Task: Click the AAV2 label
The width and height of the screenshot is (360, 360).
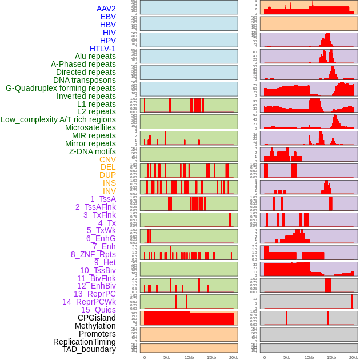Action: point(106,9)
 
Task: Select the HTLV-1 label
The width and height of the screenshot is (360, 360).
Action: point(102,49)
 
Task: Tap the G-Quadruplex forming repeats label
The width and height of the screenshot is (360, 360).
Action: point(61,88)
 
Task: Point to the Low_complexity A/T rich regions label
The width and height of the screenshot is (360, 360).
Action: point(58,119)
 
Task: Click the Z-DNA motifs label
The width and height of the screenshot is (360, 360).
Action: point(92,151)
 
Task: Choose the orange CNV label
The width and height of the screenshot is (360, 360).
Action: point(107,159)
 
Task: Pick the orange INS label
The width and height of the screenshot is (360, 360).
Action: point(109,183)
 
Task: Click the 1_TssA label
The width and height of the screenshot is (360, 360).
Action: point(103,199)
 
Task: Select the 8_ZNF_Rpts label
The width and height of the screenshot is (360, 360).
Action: point(93,254)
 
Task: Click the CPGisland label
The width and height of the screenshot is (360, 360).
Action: point(97,318)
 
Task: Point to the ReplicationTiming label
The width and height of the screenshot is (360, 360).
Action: point(84,342)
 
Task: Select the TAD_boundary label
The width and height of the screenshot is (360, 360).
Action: point(89,349)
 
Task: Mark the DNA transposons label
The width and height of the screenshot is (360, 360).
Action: point(85,80)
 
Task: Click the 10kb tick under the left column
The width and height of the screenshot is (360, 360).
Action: point(189,357)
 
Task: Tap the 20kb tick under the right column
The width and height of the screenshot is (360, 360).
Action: point(354,357)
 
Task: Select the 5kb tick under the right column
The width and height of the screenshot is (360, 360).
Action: point(286,357)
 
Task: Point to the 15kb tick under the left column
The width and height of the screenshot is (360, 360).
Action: point(211,357)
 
